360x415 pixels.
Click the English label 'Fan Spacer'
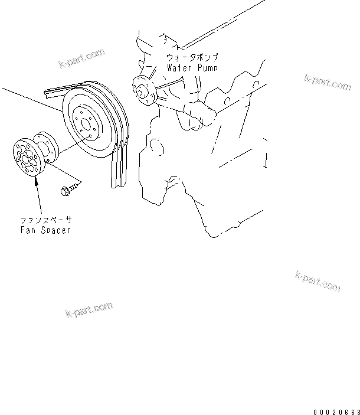tap(44, 230)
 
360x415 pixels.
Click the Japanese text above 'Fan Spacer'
tap(44, 220)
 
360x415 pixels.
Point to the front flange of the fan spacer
tap(27, 156)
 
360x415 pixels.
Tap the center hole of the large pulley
tap(86, 124)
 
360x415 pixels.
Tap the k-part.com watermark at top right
tap(328, 81)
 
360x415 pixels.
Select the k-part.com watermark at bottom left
tap(89, 310)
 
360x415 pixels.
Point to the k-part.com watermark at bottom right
tap(317, 280)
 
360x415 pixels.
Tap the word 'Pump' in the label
tap(207, 68)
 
